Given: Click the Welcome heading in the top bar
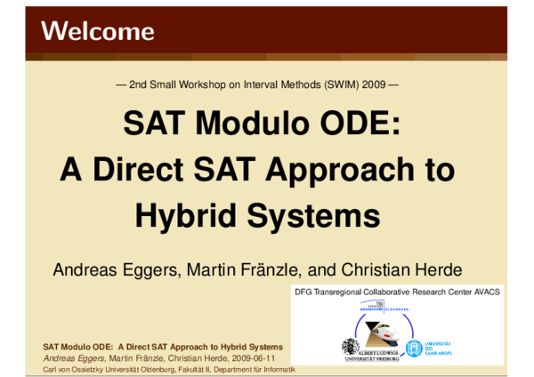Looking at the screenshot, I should click(x=97, y=32).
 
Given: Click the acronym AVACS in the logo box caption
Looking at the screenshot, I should click(x=486, y=292).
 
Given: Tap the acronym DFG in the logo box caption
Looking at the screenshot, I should click(x=304, y=292).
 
